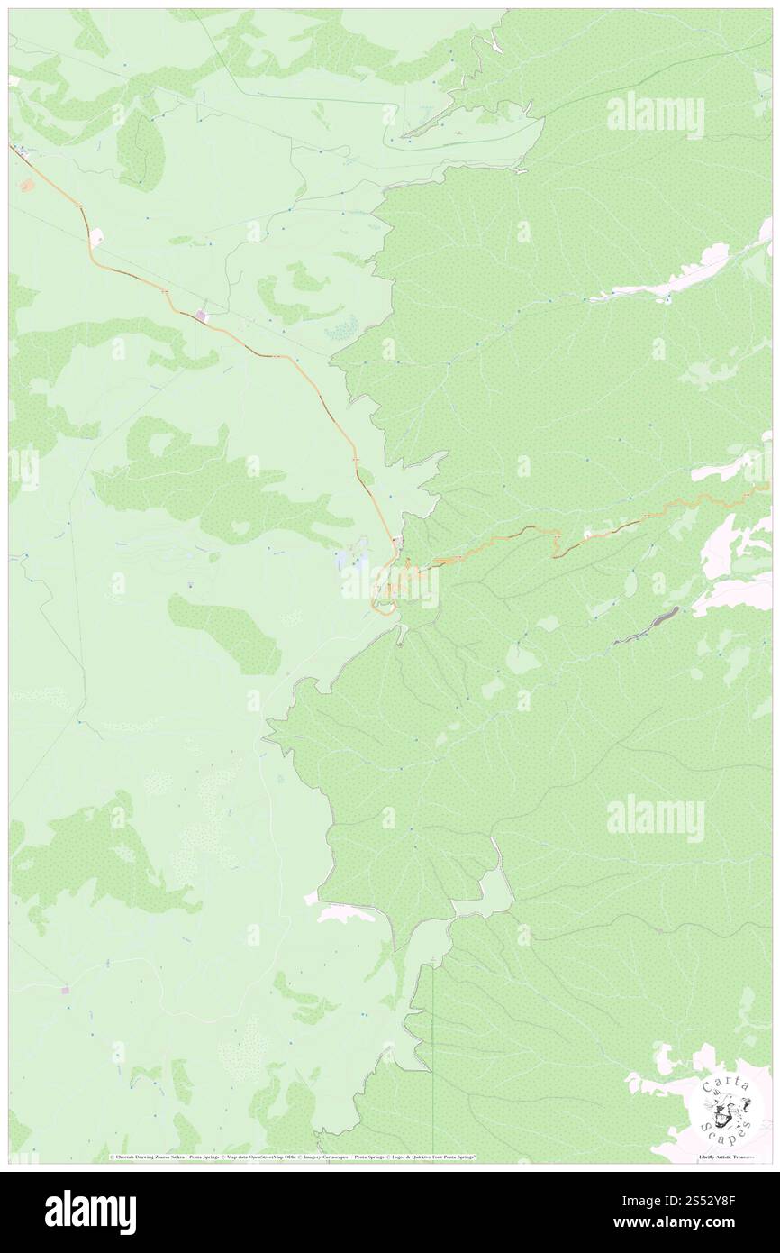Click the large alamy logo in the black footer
click(x=90, y=1212)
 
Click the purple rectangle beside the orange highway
click(x=200, y=315)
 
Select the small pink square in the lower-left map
click(x=65, y=990)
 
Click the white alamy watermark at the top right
click(x=655, y=115)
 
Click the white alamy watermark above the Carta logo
click(x=655, y=819)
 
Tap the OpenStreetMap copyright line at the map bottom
click(x=294, y=1157)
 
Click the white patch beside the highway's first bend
click(x=96, y=237)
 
